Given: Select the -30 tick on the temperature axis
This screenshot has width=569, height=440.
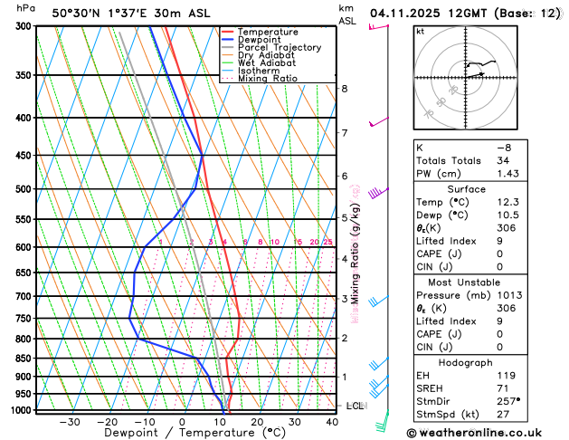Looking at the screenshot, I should pyautogui.click(x=69, y=422).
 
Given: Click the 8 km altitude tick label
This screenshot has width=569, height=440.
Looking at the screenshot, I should pyautogui.click(x=345, y=89).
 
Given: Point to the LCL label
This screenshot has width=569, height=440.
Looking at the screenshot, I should pyautogui.click(x=355, y=406).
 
